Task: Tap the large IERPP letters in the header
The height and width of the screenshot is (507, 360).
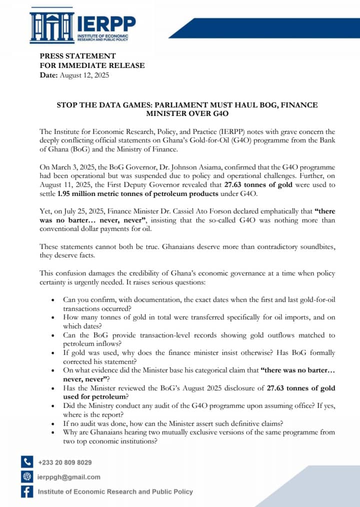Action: click(x=106, y=23)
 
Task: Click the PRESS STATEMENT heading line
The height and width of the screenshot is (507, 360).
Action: click(x=77, y=56)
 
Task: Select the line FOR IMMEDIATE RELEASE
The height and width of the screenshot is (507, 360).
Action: click(x=92, y=65)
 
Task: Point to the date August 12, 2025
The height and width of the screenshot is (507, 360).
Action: click(x=84, y=75)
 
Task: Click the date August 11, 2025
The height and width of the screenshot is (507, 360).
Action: click(x=57, y=184)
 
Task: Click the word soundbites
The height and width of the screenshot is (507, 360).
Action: click(x=316, y=247)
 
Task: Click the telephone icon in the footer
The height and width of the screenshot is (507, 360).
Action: click(x=27, y=462)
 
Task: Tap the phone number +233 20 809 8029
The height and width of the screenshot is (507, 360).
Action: click(x=65, y=462)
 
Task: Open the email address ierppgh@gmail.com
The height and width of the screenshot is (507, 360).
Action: click(x=69, y=477)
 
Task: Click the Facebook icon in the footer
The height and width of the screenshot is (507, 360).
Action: click(x=27, y=492)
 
